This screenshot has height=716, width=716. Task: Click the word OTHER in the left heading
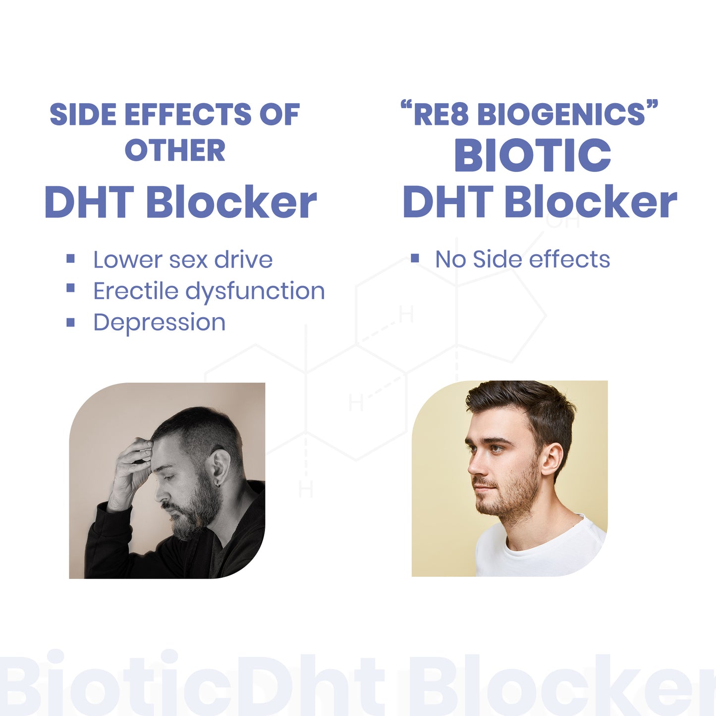click(175, 150)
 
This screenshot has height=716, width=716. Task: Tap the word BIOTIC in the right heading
click(533, 155)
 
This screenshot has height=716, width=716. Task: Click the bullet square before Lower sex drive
click(70, 258)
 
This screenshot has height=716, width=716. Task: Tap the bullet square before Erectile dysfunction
click(70, 288)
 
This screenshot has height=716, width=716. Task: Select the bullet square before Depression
click(70, 322)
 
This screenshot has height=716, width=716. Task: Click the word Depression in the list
click(160, 323)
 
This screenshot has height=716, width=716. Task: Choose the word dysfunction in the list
click(255, 291)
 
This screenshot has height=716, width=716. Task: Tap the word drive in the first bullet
click(243, 259)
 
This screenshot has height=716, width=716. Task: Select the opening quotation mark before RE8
click(406, 106)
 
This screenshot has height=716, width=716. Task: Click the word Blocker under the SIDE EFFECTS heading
click(231, 202)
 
